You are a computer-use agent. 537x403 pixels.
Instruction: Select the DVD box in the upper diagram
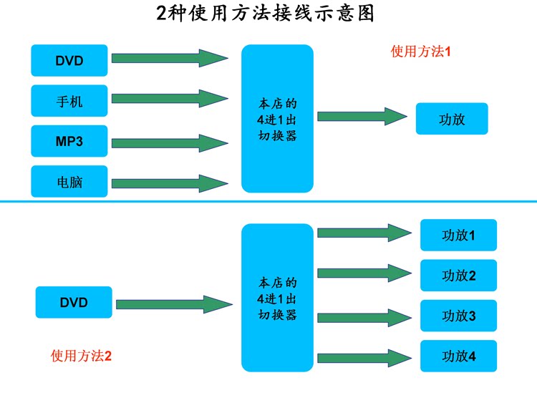click(x=69, y=61)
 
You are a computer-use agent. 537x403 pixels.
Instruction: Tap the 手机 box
click(x=69, y=101)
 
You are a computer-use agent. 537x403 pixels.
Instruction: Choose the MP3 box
click(x=69, y=141)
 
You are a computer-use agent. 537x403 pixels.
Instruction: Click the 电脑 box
click(x=69, y=182)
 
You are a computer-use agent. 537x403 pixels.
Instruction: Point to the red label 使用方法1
click(x=420, y=52)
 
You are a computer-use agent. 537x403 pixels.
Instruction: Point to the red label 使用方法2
click(x=81, y=356)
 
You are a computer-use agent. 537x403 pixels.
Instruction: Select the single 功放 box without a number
click(x=452, y=119)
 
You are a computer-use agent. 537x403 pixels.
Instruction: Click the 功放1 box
click(x=458, y=235)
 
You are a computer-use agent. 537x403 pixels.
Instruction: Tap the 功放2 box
click(x=458, y=276)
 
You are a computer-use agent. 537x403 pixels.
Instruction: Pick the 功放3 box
click(x=458, y=316)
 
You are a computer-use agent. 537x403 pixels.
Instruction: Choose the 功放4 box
click(x=458, y=356)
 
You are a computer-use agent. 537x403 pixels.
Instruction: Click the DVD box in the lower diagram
click(x=74, y=302)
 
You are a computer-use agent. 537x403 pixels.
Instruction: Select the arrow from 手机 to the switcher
click(x=170, y=98)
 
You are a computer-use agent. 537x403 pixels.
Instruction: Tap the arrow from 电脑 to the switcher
click(x=170, y=183)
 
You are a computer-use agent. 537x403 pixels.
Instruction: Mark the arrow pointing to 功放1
click(x=362, y=232)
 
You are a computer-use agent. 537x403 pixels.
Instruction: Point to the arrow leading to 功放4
click(x=362, y=356)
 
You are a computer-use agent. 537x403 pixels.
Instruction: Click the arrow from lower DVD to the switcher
click(x=174, y=304)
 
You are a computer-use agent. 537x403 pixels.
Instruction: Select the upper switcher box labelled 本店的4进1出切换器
click(x=277, y=119)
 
